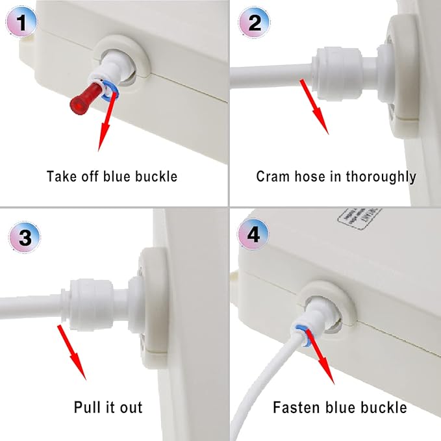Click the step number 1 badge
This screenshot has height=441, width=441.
21,24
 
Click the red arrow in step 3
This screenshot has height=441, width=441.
72,351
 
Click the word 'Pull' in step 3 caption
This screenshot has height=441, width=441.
87,408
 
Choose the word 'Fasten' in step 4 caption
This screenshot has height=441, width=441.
295,408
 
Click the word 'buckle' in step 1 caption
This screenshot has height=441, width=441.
157,176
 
